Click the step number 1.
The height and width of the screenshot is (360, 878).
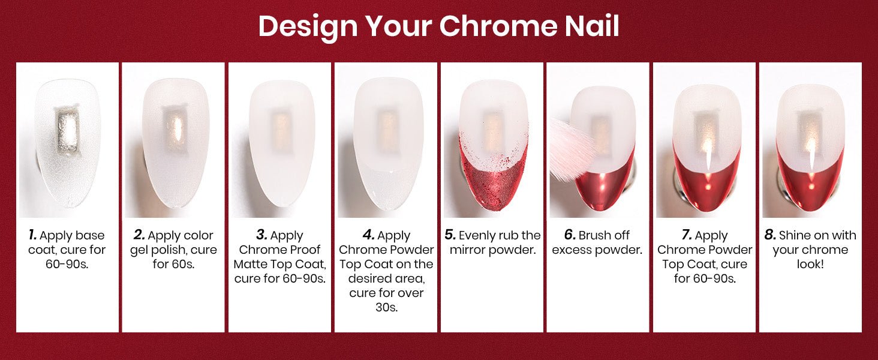32,235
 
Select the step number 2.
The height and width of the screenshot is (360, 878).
139,235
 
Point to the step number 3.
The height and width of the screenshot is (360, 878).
262,235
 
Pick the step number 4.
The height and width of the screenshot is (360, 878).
369,235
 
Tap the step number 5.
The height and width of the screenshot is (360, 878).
450,235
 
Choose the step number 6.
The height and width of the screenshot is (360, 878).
570,235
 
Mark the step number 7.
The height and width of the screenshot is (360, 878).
687,235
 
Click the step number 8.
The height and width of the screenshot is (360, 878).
770,235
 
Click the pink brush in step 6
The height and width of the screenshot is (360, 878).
569,152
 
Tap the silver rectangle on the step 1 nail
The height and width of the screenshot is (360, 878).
67,131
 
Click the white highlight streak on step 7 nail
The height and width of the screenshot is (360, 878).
709,158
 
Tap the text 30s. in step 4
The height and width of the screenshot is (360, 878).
386,307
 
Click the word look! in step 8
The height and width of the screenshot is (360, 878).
810,265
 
